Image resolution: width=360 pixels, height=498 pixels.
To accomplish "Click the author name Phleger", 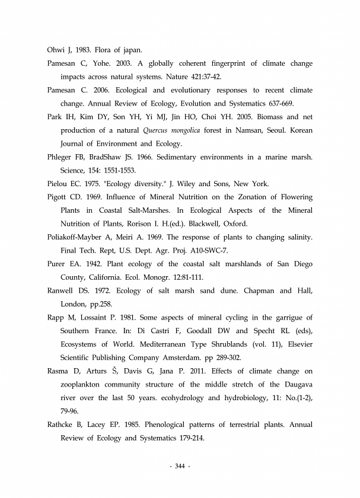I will [x=59, y=157].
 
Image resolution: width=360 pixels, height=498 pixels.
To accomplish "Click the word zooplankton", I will [x=84, y=385].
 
